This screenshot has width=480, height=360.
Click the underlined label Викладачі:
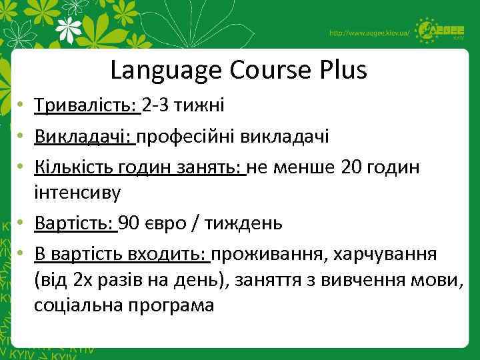pyautogui.click(x=85, y=136)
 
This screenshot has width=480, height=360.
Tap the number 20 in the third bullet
pyautogui.click(x=353, y=167)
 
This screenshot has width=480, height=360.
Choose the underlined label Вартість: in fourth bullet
pyautogui.click(x=75, y=223)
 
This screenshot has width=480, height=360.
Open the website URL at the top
pyautogui.click(x=369, y=33)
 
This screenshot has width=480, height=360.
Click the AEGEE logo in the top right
pyautogui.click(x=441, y=31)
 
